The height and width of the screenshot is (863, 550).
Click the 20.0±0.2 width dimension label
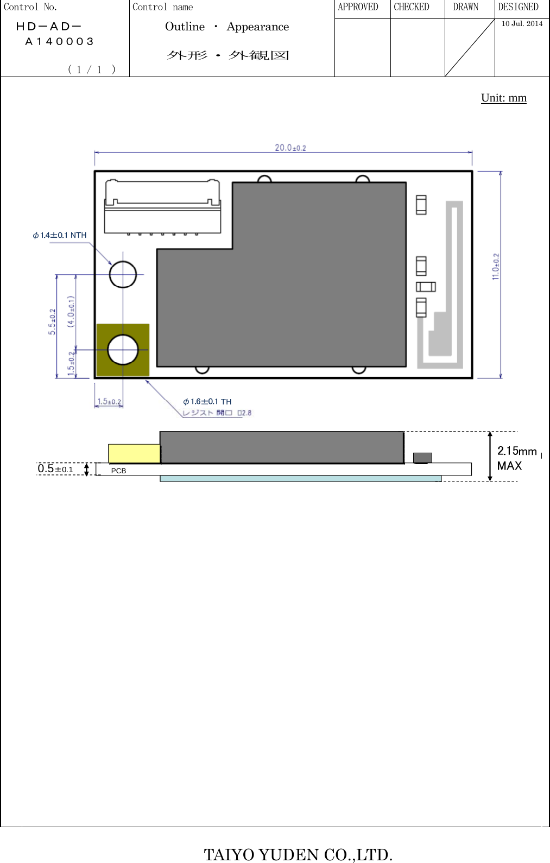(290, 148)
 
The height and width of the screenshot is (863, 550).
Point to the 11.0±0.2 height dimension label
(496, 266)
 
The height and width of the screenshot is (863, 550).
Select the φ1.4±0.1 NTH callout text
(60, 235)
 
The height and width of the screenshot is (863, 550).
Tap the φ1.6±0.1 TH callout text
(207, 402)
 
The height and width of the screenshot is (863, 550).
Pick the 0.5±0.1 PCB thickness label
(55, 468)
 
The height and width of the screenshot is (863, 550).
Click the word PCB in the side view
(118, 471)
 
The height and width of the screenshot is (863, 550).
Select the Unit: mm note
(503, 98)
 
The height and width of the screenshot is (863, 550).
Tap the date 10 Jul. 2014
(522, 23)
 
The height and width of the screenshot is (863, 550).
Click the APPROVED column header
(358, 7)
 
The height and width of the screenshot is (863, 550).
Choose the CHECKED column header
(411, 7)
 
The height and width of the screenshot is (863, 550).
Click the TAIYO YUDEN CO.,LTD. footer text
(298, 854)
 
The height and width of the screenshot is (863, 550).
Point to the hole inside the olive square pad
(123, 350)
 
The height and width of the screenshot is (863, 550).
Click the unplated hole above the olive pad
(123, 275)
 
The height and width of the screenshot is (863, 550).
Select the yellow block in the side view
(134, 453)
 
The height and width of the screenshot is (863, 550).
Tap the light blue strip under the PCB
(300, 479)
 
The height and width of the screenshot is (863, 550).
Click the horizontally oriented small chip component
(426, 287)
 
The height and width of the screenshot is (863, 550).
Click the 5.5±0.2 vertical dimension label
(52, 322)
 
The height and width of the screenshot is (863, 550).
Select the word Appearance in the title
(257, 27)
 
